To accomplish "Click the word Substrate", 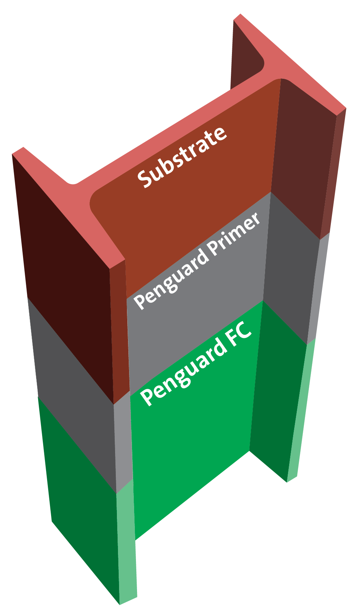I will (x=182, y=157).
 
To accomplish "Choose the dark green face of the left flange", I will (x=83, y=504).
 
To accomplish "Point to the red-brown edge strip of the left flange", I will (x=119, y=324).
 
